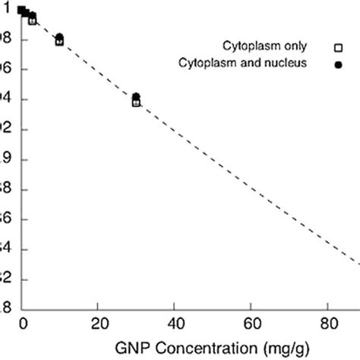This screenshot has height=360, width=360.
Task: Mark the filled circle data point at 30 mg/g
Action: pyautogui.click(x=136, y=97)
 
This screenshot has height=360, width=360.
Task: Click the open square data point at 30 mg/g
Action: pyautogui.click(x=136, y=103)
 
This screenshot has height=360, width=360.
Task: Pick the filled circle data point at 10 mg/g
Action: pyautogui.click(x=59, y=37)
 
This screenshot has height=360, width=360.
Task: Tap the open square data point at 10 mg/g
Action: pyautogui.click(x=59, y=42)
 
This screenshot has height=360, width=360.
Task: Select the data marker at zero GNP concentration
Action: pyautogui.click(x=21, y=9)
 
